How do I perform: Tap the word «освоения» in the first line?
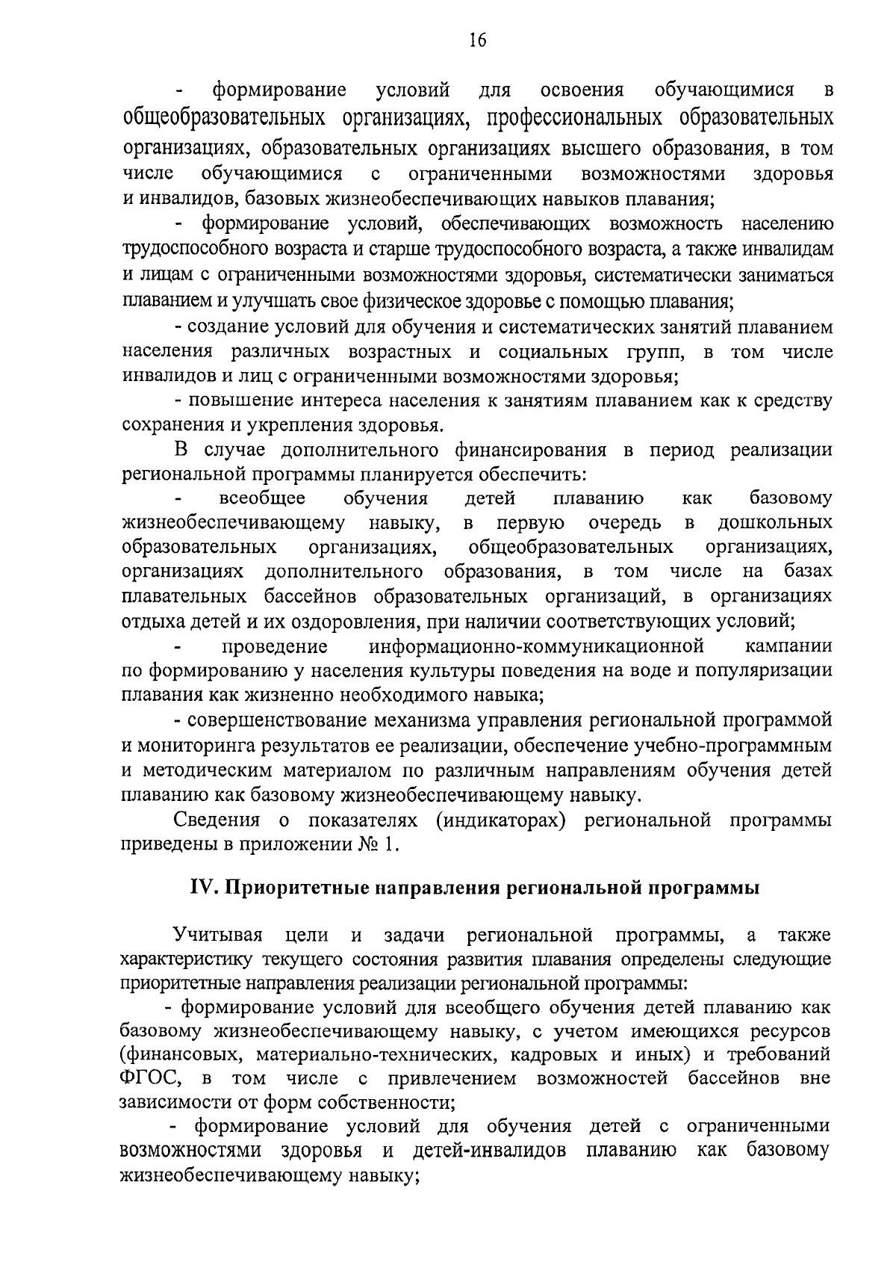(582, 91)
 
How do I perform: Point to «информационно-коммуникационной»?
(537, 645)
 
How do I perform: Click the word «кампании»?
(788, 645)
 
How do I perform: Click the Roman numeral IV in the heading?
(203, 888)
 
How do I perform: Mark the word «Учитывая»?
(218, 935)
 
